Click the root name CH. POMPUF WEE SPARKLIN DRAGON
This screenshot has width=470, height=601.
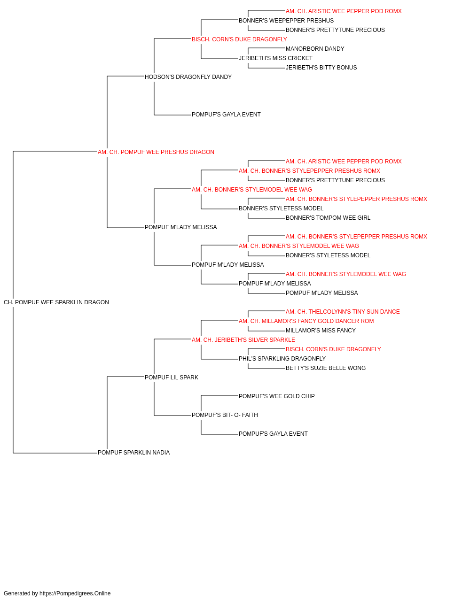56,302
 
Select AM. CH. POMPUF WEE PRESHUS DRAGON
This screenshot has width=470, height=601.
156,152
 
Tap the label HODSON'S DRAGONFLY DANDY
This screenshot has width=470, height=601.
188,77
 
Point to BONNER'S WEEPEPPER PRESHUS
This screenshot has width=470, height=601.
286,21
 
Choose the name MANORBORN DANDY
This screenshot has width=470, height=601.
315,49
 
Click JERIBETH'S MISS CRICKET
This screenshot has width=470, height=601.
276,58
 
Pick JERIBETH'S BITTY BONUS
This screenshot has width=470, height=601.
321,68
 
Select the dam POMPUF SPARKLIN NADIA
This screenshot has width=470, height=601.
133,453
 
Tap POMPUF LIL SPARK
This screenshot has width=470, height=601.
172,378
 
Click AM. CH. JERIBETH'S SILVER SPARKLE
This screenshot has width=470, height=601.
243,340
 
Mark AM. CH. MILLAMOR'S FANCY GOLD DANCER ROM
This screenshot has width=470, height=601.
306,321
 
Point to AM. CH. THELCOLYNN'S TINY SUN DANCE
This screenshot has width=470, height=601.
343,312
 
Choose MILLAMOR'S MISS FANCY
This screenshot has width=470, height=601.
321,331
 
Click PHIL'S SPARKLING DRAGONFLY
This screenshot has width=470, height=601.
282,359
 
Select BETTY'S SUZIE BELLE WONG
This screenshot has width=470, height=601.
326,368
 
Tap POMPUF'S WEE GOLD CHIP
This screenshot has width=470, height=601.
276,396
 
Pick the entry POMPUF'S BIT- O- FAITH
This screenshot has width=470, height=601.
225,415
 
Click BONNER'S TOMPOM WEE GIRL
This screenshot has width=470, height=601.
328,218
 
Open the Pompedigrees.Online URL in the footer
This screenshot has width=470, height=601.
75,593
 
